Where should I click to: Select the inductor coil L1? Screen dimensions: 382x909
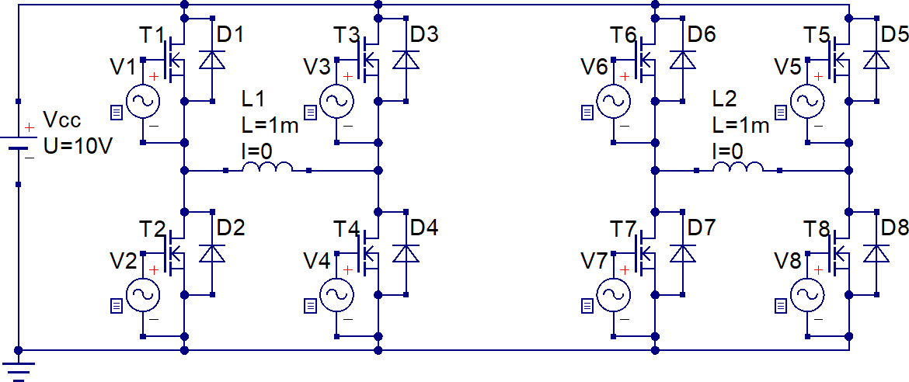(x=267, y=168)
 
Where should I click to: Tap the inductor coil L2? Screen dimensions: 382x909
(x=737, y=168)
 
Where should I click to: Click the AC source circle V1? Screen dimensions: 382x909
(x=143, y=101)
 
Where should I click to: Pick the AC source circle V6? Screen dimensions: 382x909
(x=612, y=101)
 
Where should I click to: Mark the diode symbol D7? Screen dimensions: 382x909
(x=683, y=254)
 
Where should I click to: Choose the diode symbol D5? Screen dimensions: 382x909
(x=876, y=60)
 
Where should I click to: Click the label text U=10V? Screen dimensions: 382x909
(x=77, y=144)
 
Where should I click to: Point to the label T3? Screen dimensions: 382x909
(x=347, y=36)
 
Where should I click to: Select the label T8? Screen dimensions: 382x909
(x=817, y=229)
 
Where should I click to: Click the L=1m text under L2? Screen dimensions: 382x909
(x=740, y=125)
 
